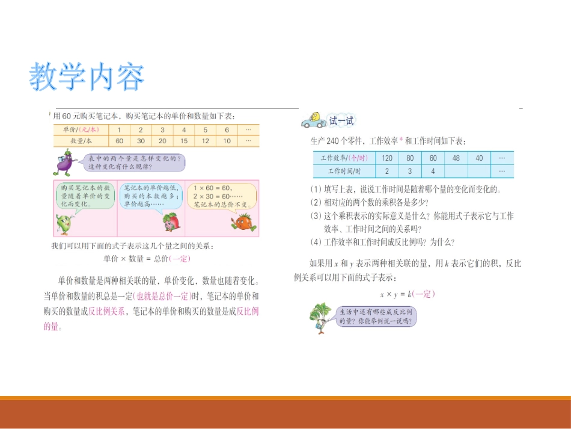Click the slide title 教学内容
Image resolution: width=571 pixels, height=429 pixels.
click(x=87, y=77)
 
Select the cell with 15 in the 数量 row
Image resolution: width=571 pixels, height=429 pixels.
click(x=184, y=141)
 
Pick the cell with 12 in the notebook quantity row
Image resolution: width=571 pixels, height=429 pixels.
click(x=205, y=141)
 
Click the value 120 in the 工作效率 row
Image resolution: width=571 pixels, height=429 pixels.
click(x=387, y=158)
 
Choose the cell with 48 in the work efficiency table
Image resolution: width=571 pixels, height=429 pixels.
click(x=456, y=158)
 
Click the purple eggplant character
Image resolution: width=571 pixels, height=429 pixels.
click(x=64, y=162)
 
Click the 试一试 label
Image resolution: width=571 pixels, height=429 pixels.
click(x=341, y=121)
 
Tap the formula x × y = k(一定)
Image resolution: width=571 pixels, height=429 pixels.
click(x=407, y=294)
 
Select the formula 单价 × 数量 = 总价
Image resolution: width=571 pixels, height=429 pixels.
click(x=147, y=258)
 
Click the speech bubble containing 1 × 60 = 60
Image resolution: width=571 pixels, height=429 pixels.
click(x=221, y=197)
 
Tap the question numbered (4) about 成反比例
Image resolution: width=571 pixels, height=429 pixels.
click(x=382, y=242)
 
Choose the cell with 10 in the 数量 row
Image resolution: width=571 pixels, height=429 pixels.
click(x=226, y=141)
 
